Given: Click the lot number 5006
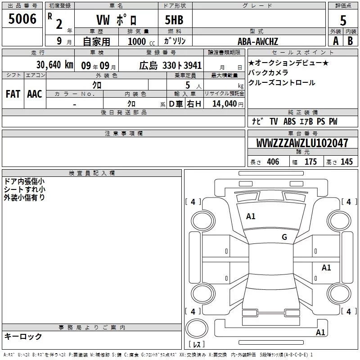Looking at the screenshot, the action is (x=22, y=19).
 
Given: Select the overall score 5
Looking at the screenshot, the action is (x=343, y=20).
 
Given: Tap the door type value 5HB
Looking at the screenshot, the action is (x=174, y=20).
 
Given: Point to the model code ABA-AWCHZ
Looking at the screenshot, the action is (x=258, y=41).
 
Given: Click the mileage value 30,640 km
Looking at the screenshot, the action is (x=55, y=65).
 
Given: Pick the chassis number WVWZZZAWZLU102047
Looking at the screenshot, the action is (x=302, y=143).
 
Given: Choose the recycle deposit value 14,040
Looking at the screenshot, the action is (x=225, y=104).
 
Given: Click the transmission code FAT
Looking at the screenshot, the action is (x=13, y=94).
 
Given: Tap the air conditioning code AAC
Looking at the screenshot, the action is (x=35, y=94).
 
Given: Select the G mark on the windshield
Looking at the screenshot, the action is (x=284, y=237).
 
